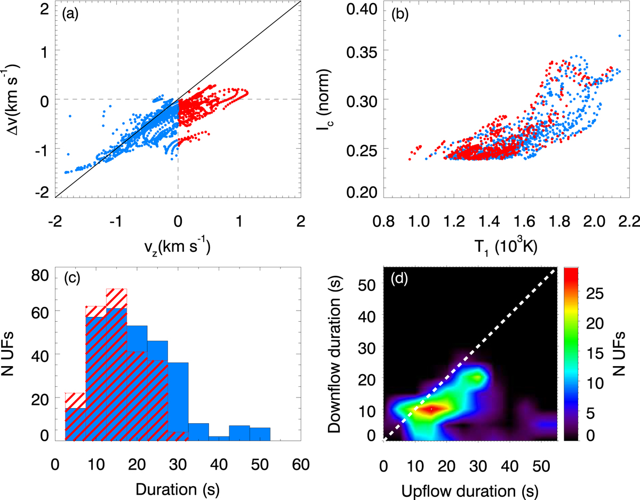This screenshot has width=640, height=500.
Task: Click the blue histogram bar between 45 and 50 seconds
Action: coord(239,433)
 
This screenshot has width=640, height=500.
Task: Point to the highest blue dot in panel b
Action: coord(619,36)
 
